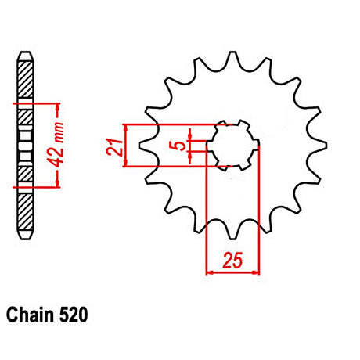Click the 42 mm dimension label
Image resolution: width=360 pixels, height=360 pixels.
tap(56, 144)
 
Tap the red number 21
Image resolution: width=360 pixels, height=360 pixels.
tap(114, 148)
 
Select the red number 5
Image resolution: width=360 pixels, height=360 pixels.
tap(179, 146)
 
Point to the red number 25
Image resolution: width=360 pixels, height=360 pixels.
tap(232, 260)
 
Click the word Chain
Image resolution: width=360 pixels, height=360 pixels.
tap(30, 315)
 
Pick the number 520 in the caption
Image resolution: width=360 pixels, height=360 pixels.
tap(74, 315)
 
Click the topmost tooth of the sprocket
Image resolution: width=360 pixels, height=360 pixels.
tap(233, 59)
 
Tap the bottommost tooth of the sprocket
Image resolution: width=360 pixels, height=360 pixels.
tap(233, 232)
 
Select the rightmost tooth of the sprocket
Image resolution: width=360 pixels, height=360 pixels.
tap(319, 146)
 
